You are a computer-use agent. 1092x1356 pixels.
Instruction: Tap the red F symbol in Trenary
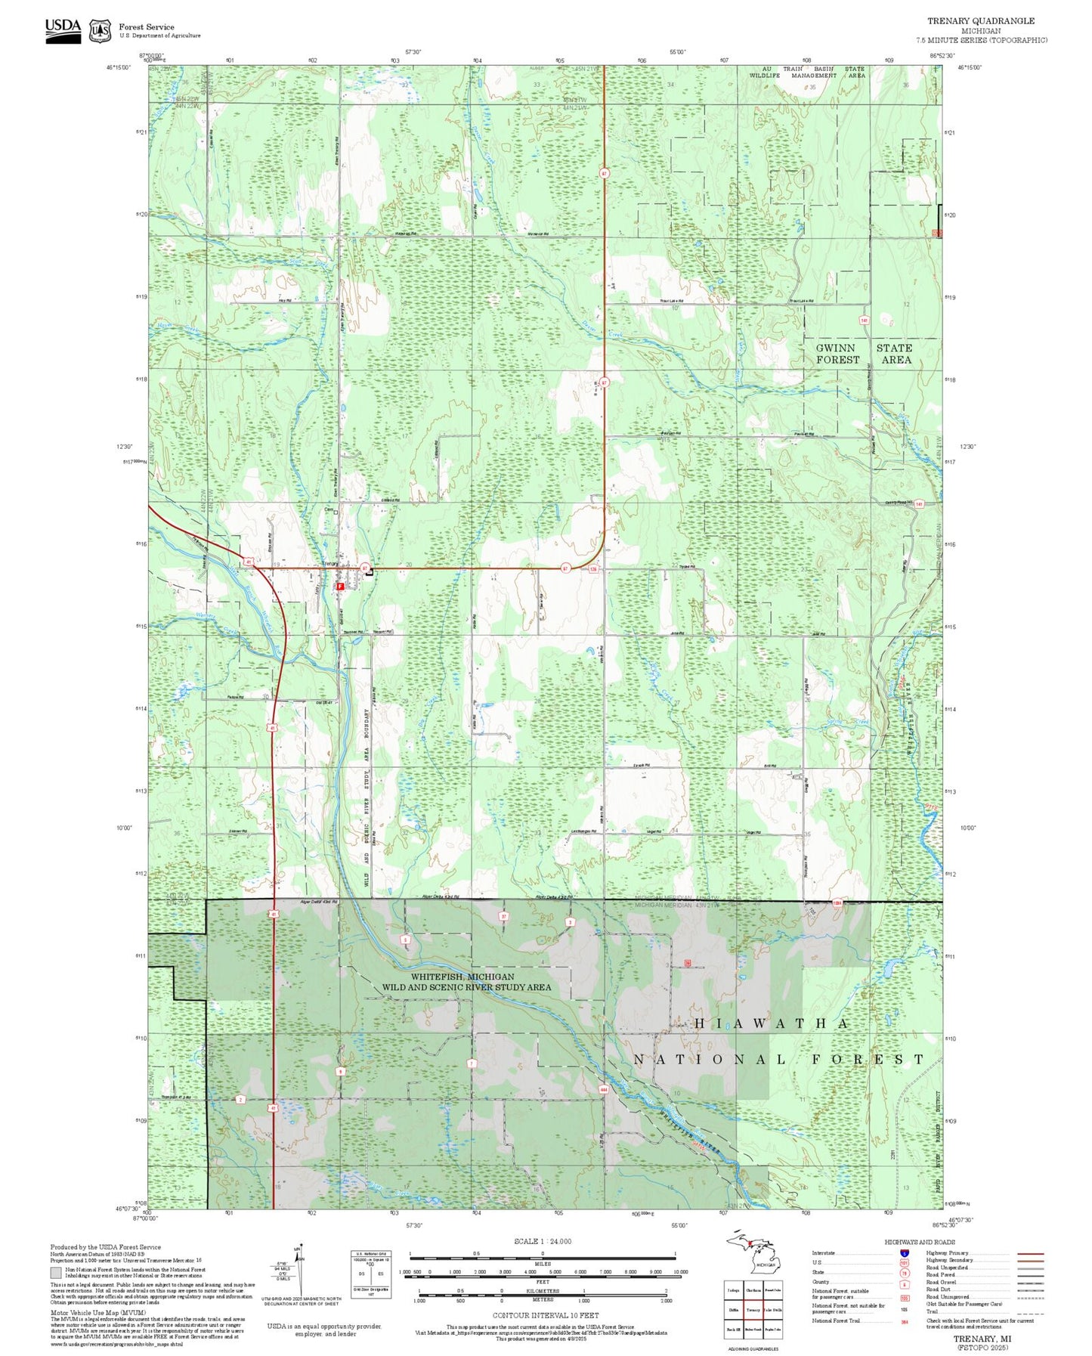[x=341, y=586]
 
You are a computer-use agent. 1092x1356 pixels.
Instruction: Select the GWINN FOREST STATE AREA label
[x=864, y=354]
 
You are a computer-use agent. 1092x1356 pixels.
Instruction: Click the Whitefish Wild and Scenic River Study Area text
[x=466, y=982]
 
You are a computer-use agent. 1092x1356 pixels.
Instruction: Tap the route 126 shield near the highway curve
[x=593, y=570]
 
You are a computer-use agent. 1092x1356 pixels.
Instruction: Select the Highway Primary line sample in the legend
[x=1031, y=1253]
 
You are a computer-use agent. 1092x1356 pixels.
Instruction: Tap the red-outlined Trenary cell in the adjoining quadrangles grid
[x=753, y=1310]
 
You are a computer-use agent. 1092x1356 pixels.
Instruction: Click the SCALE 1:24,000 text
[x=543, y=1241]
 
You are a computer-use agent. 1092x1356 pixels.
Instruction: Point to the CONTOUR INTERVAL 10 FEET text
[x=543, y=1315]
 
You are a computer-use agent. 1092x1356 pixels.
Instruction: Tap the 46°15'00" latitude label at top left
[x=118, y=67]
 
